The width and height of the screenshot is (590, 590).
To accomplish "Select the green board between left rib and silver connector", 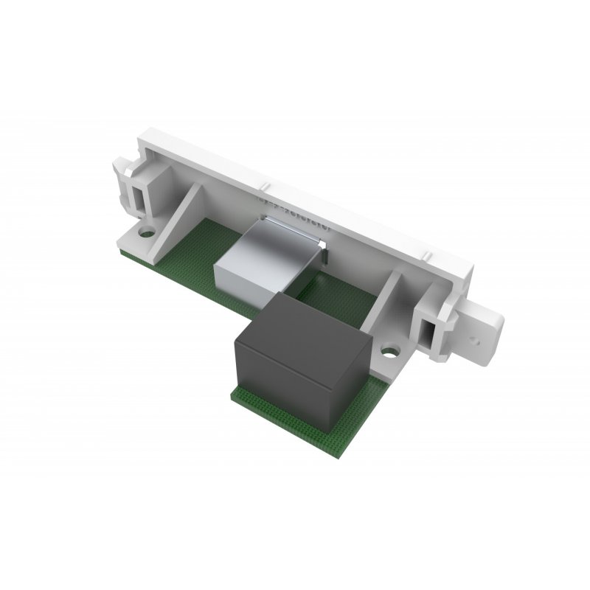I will [x=214, y=251].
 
